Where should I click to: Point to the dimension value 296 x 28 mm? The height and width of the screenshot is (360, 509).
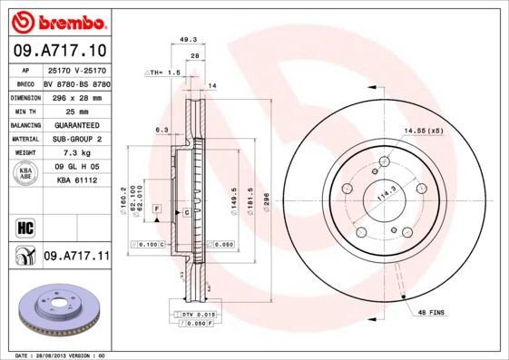click(x=76, y=95)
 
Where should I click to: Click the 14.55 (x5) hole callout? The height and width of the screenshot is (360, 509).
click(x=423, y=131)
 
